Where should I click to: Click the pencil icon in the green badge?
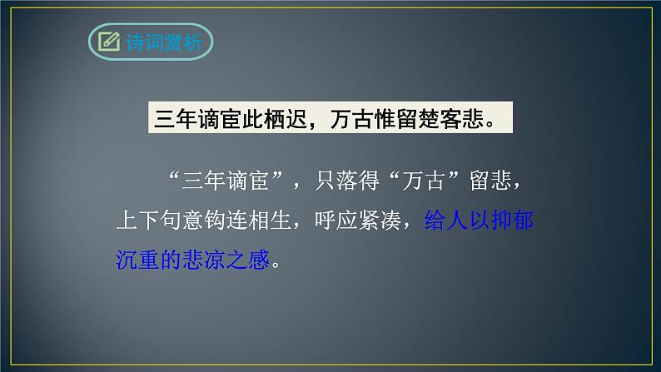tap(107, 41)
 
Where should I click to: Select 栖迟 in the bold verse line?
tap(286, 118)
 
